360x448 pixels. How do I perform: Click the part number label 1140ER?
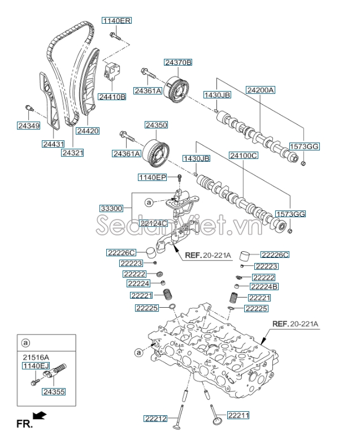tap(116, 21)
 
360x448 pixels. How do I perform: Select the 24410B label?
tap(112, 97)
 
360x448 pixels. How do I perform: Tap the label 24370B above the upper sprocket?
tap(178, 62)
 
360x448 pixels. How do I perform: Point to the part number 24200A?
tap(260, 90)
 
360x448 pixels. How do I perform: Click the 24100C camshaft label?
tap(243, 155)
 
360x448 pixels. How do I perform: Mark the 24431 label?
tap(54, 144)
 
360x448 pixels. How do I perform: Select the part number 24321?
tap(73, 153)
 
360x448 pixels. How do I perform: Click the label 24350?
tap(156, 124)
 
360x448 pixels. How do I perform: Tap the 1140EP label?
tap(153, 178)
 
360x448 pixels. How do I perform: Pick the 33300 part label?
tap(111, 209)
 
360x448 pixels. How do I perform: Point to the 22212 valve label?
tap(156, 418)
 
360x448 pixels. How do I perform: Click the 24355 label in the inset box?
tap(54, 391)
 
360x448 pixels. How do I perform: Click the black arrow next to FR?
tap(40, 416)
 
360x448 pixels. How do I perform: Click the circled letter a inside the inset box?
tap(25, 343)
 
